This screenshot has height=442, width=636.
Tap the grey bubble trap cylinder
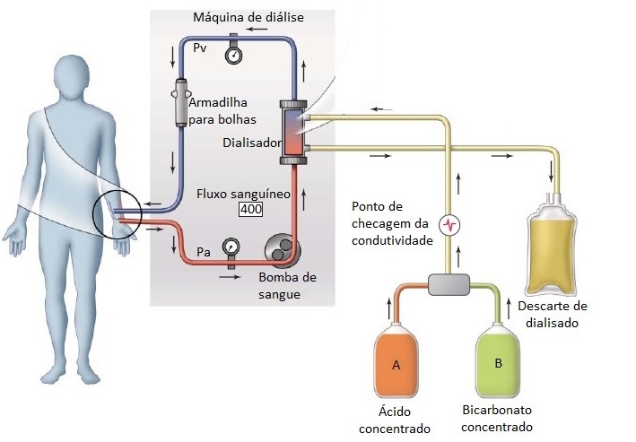(181, 102)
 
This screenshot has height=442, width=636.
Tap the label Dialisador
(250, 142)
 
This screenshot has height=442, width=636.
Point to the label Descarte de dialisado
(552, 315)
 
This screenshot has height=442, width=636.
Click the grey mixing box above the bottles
(449, 286)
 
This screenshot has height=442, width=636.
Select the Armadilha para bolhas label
(222, 110)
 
